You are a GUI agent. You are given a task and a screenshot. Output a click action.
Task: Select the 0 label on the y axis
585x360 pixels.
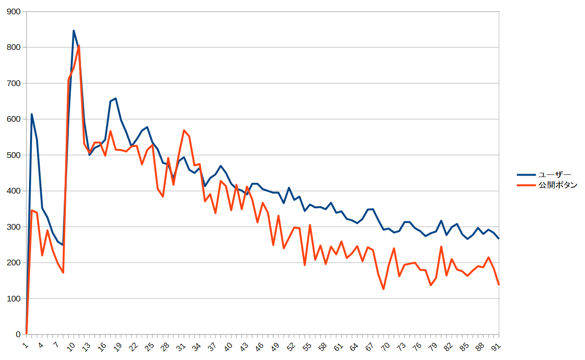point(18,335)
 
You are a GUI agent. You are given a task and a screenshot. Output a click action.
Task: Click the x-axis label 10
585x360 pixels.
point(71,346)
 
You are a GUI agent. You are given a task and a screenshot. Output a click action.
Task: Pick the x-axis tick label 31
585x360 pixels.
point(181,346)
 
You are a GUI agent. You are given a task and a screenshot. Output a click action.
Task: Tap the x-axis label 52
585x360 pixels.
point(291,346)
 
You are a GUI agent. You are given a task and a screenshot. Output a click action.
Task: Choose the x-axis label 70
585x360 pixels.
point(386,346)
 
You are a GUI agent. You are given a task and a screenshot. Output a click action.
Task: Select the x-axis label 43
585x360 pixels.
point(245,346)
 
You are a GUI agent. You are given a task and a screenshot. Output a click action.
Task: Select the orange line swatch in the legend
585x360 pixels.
point(526,186)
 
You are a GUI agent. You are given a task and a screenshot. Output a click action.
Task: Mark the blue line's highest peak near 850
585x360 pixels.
point(73,31)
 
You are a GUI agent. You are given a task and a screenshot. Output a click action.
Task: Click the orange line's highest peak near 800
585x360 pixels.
point(79,46)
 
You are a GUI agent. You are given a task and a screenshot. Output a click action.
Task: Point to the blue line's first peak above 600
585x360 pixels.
point(32,114)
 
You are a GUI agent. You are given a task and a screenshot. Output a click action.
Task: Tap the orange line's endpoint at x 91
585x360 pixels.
point(499,285)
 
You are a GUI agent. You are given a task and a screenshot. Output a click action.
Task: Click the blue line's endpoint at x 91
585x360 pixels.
point(499,238)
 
